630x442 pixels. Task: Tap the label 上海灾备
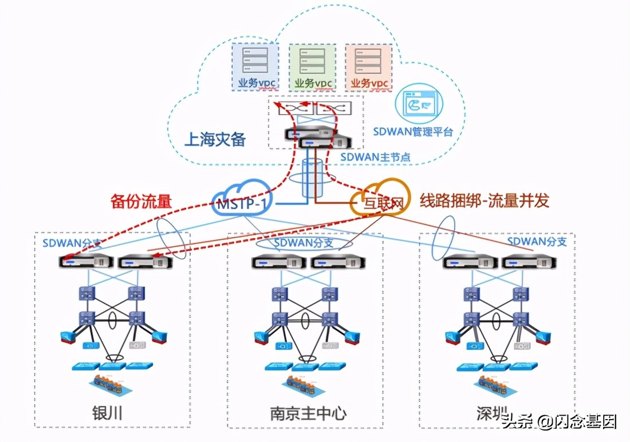tap(215, 139)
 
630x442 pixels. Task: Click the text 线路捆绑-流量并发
tap(484, 200)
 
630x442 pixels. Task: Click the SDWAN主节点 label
tap(375, 156)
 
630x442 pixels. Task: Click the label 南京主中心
tap(308, 413)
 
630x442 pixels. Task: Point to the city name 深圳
tap(492, 412)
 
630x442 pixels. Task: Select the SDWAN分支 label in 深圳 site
tap(537, 242)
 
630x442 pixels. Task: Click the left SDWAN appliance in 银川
tap(86, 262)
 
